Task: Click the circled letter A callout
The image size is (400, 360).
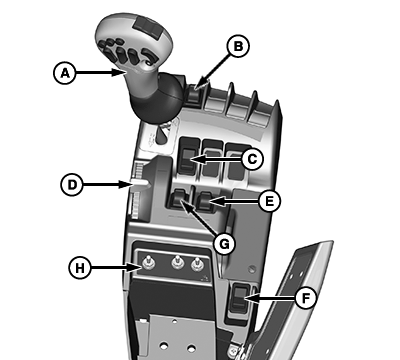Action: coord(65,73)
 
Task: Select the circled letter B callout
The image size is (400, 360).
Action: coord(238,46)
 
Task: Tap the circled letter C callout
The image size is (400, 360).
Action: coord(252,159)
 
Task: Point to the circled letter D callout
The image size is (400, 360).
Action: coord(72,184)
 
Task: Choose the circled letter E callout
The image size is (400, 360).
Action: coord(270,201)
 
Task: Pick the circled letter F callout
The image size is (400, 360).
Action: coord(306,298)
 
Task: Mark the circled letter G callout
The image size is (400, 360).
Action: coord(224,244)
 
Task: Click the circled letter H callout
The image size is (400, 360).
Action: coord(80,268)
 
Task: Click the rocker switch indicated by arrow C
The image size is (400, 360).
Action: coord(187,160)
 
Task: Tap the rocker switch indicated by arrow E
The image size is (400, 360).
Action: coord(205,201)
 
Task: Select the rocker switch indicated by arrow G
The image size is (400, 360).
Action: coord(179,199)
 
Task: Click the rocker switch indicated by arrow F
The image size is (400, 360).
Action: coord(240,298)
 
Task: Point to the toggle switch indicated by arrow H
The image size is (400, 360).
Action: coord(148,263)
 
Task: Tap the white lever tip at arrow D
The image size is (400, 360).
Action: coord(139,183)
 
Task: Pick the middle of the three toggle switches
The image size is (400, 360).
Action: coord(178,263)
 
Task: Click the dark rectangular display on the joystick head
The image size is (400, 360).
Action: coord(147,27)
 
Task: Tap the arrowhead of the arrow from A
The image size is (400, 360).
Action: coord(118,72)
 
